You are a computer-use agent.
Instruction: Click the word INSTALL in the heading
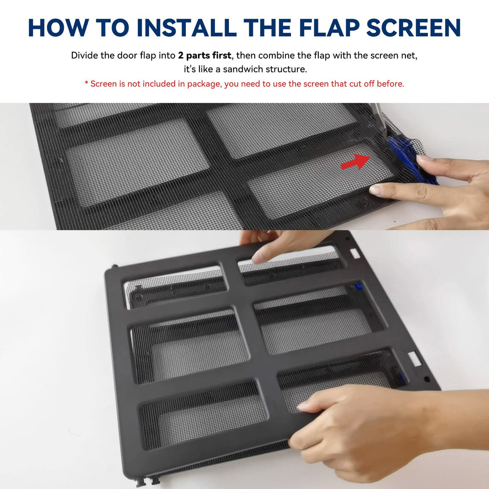point(187,28)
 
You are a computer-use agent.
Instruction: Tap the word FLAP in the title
point(329,28)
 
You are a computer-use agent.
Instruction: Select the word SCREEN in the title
point(414,28)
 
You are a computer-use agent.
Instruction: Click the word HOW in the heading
point(58,28)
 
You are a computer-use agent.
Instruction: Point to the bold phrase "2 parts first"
point(204,56)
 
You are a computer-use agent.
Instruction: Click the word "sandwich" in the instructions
point(243,69)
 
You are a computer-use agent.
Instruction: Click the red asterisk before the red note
point(87,83)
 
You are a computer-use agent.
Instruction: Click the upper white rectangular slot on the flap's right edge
point(355,253)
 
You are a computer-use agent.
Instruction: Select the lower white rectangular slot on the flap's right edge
point(414,358)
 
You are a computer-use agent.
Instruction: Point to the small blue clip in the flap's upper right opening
point(359,286)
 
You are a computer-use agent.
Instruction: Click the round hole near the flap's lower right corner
point(427,379)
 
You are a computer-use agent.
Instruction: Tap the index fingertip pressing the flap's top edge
point(258,258)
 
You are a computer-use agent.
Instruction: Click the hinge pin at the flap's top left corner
point(115,267)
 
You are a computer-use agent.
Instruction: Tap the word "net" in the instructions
point(409,56)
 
